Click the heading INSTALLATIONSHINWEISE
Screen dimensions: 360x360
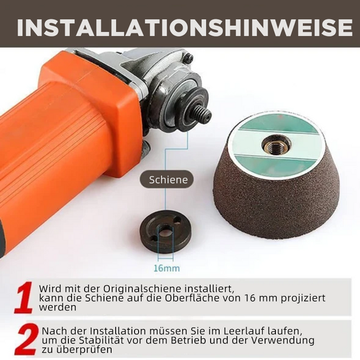click(x=184, y=27)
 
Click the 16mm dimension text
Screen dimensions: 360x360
click(x=167, y=268)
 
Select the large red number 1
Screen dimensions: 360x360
click(x=23, y=298)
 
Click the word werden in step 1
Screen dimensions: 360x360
click(x=58, y=307)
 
